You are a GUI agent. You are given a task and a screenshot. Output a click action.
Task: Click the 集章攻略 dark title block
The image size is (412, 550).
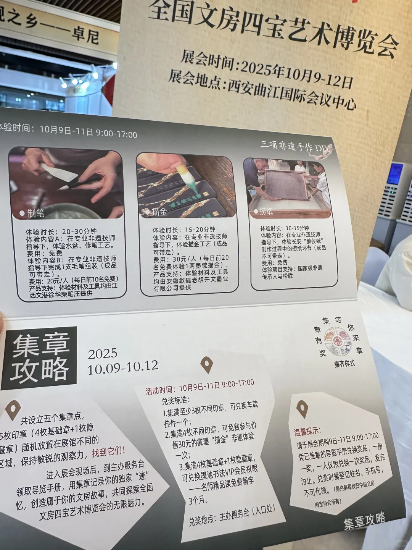click(40, 358)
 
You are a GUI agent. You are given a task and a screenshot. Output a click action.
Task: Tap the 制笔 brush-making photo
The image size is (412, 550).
click(67, 183)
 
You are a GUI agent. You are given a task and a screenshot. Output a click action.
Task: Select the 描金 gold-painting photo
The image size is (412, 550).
click(186, 186)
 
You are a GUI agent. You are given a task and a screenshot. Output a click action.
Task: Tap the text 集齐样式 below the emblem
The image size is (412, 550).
click(344, 364)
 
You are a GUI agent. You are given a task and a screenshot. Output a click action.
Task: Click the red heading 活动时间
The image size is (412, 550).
click(159, 390)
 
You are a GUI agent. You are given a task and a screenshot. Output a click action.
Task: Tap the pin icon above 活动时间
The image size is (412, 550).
click(206, 365)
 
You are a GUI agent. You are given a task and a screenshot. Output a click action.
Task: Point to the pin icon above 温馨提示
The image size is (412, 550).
click(302, 409)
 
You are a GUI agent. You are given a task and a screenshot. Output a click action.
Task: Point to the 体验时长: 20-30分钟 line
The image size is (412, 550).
click(61, 231)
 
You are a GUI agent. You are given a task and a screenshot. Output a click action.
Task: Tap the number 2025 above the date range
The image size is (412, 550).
click(103, 354)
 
